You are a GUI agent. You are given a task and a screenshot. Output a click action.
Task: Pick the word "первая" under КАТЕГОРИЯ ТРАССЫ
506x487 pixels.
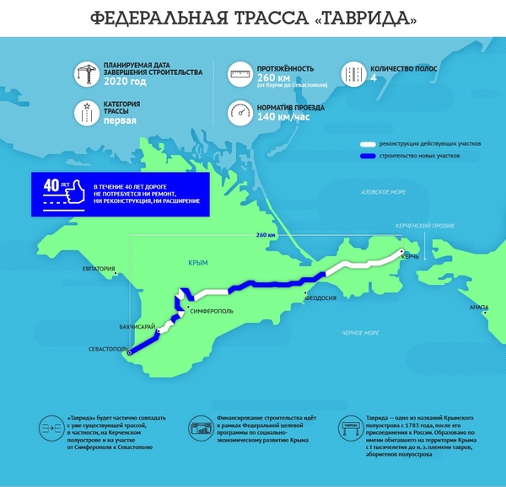click(120, 120)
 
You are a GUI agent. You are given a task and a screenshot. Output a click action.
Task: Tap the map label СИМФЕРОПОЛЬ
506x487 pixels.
click(212, 311)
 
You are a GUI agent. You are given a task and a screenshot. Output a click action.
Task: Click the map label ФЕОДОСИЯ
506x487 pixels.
click(321, 297)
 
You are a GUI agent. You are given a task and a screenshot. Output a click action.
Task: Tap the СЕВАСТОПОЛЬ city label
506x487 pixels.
click(107, 348)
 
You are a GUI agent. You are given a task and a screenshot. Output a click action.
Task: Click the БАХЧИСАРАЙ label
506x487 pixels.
click(135, 325)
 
